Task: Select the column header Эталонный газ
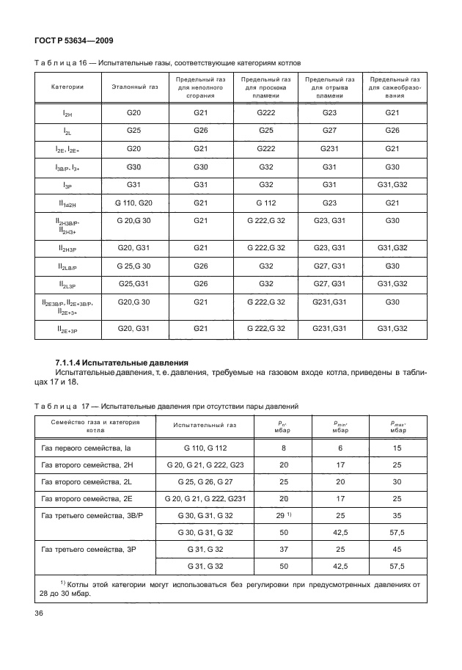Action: (134, 87)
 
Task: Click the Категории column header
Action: (67, 87)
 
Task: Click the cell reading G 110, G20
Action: (134, 203)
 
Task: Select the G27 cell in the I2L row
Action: (329, 130)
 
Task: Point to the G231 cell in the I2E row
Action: (329, 148)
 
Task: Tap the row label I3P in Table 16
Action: (67, 185)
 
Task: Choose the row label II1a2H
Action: (67, 203)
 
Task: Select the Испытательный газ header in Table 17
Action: (195, 425)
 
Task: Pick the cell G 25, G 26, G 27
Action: (195, 483)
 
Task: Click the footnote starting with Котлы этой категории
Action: (231, 589)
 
